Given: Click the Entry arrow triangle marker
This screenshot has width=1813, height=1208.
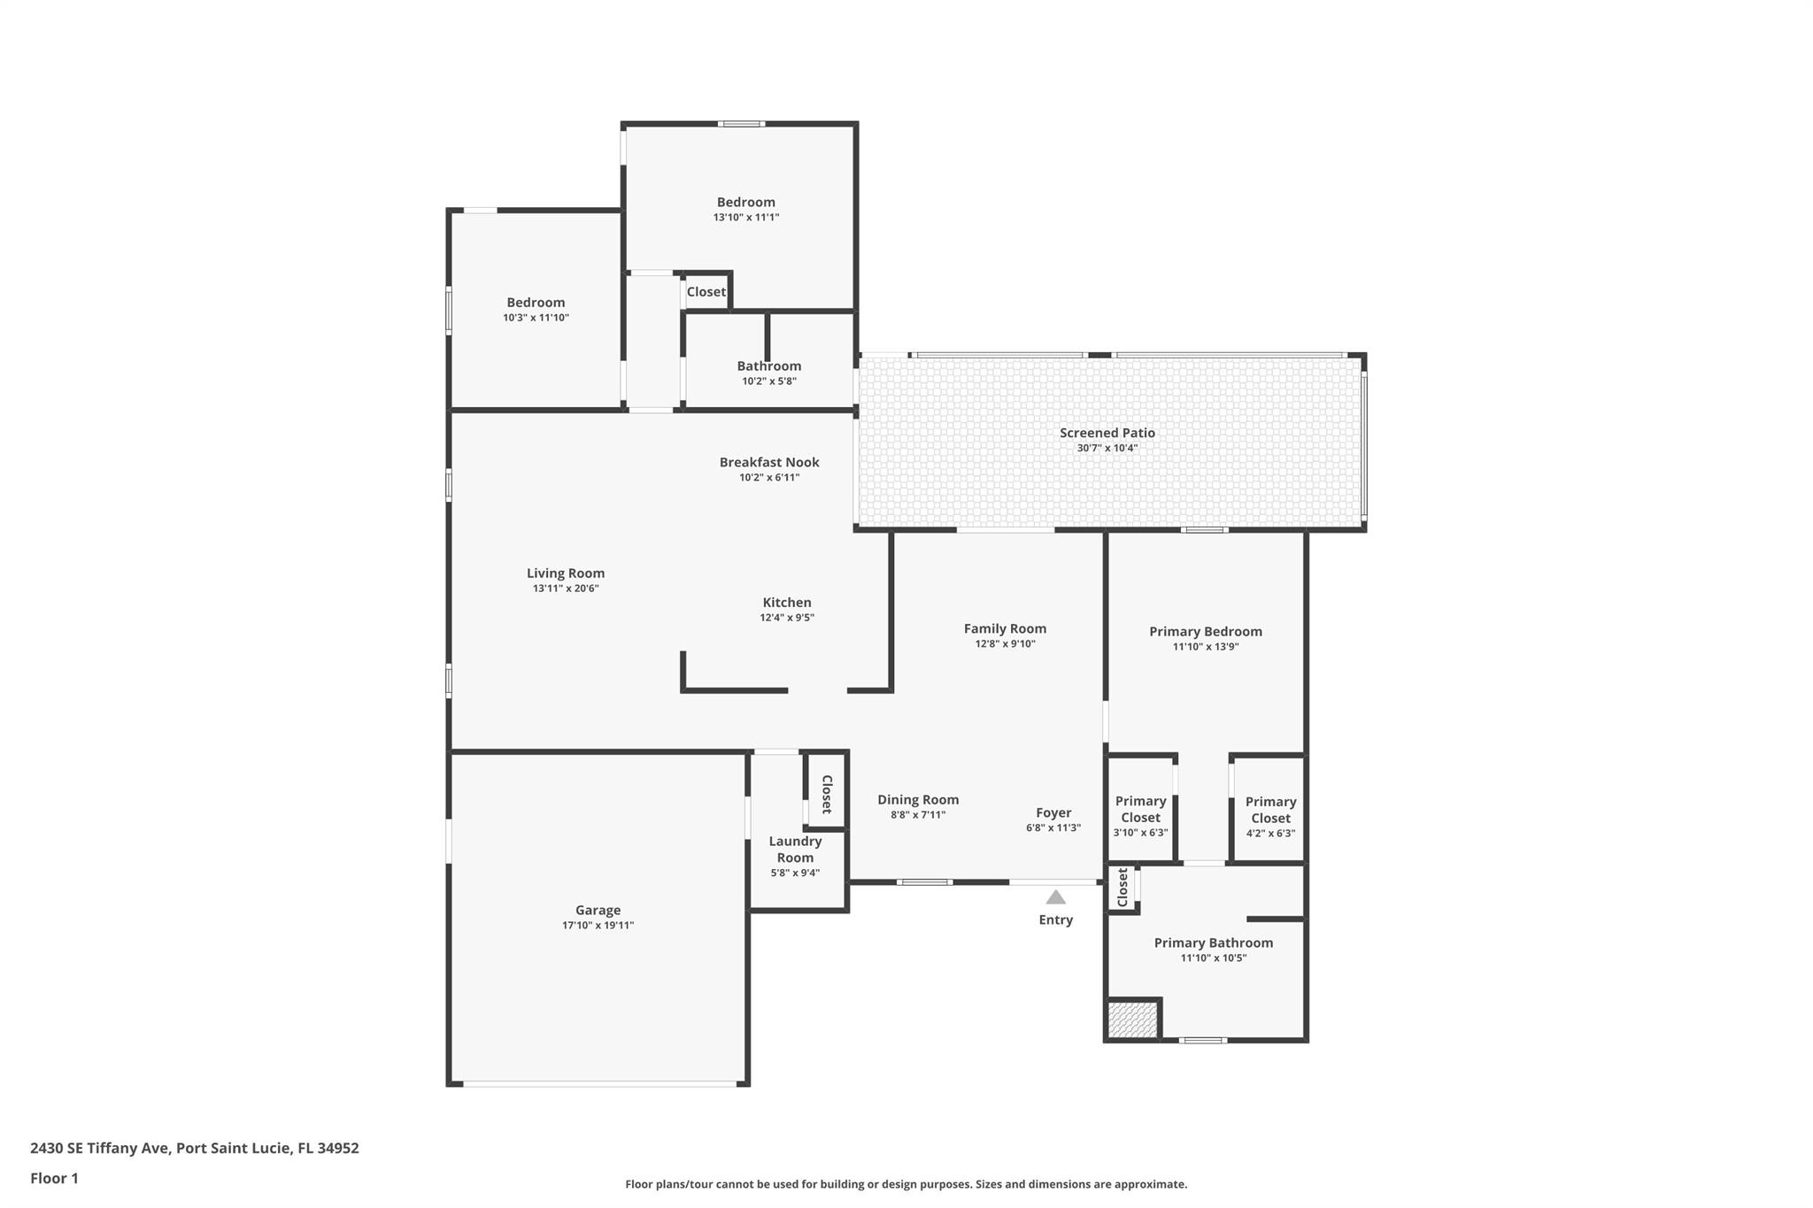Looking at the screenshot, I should pyautogui.click(x=1055, y=897).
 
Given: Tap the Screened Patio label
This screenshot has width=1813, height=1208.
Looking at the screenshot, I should pyautogui.click(x=1107, y=433).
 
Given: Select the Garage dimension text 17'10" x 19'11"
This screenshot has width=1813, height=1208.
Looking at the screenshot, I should pyautogui.click(x=598, y=926).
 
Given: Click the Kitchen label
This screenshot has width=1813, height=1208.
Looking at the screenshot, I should pyautogui.click(x=787, y=603).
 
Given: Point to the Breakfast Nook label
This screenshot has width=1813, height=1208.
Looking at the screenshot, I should pyautogui.click(x=769, y=462).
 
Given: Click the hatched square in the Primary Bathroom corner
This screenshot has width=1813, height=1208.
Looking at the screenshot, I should pyautogui.click(x=1132, y=1019).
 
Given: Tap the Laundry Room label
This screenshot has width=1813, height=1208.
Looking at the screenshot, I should pyautogui.click(x=795, y=850).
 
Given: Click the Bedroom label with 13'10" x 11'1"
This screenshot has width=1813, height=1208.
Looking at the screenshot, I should pyautogui.click(x=745, y=203).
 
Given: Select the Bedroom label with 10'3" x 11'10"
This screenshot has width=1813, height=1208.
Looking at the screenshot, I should pyautogui.click(x=536, y=303).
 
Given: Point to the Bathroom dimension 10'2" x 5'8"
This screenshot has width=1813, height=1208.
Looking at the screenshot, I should pyautogui.click(x=768, y=381).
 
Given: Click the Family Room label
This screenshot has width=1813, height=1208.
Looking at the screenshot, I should pyautogui.click(x=1005, y=629).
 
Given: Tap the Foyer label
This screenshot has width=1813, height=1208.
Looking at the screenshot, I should pyautogui.click(x=1053, y=812).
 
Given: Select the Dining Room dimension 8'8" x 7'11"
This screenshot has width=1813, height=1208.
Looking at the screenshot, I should pyautogui.click(x=918, y=815).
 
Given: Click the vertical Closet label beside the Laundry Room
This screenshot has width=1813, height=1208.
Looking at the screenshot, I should pyautogui.click(x=827, y=794).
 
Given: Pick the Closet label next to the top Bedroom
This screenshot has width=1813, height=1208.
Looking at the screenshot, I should pyautogui.click(x=706, y=292).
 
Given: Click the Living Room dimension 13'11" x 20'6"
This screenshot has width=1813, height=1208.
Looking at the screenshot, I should pyautogui.click(x=566, y=589).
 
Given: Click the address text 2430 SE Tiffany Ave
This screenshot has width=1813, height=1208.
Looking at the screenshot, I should pyautogui.click(x=99, y=1148).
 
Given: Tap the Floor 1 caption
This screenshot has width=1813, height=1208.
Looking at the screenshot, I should pyautogui.click(x=54, y=1178).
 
